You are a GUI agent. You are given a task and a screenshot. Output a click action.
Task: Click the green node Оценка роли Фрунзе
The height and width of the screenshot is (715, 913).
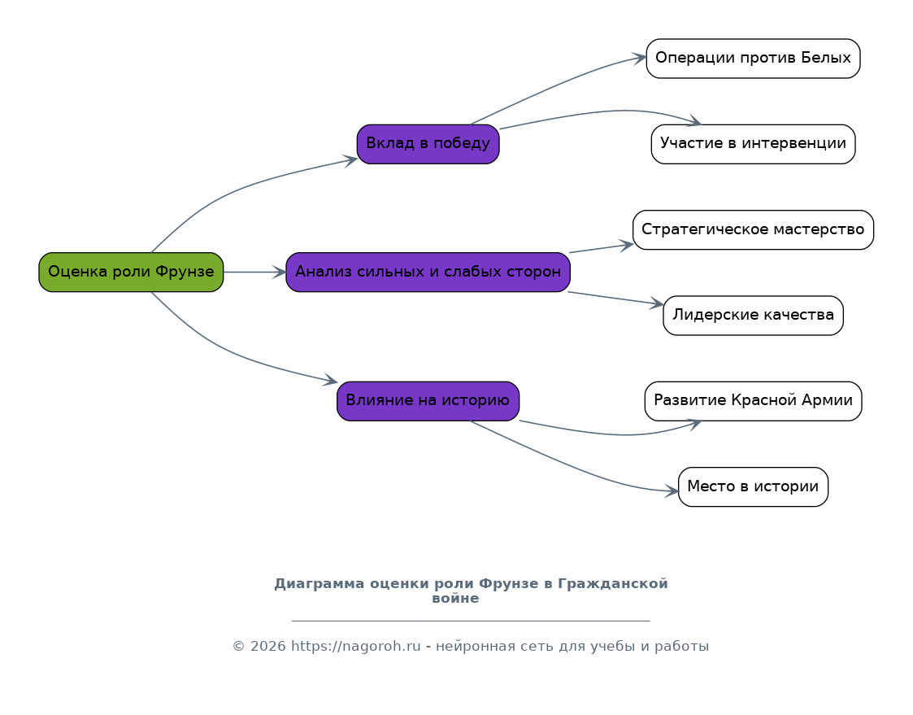(131, 272)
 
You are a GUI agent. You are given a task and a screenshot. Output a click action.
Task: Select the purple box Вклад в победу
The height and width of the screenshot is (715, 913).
(428, 144)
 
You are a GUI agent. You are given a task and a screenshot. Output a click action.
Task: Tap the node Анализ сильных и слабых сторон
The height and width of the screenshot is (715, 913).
(428, 272)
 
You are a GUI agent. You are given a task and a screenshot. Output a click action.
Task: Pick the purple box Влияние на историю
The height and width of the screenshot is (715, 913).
(428, 400)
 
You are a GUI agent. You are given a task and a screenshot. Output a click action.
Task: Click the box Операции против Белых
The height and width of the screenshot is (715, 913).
(753, 59)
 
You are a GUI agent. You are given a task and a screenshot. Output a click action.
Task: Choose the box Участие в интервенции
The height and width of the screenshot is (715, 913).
(753, 144)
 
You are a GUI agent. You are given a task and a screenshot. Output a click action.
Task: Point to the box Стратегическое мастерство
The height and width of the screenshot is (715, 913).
(753, 229)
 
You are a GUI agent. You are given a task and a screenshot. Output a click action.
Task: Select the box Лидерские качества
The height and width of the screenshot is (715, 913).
(753, 315)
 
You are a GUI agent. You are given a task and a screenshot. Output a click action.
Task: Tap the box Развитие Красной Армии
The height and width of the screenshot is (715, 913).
(753, 400)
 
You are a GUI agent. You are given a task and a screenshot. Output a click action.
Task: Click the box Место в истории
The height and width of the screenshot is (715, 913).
(753, 486)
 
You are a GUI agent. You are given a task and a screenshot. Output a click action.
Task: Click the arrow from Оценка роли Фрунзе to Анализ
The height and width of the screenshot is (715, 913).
(254, 272)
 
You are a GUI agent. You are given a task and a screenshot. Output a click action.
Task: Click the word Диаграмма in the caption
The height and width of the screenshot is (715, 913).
(319, 584)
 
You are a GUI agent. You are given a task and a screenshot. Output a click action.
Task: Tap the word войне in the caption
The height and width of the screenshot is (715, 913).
(455, 599)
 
